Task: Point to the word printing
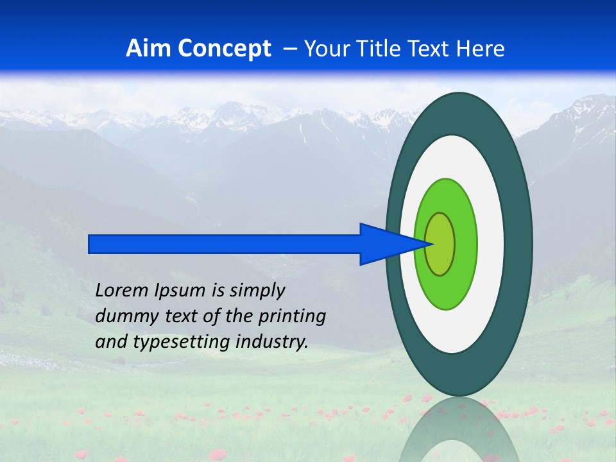pos(293,317)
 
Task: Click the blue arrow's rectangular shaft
pos(225,244)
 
